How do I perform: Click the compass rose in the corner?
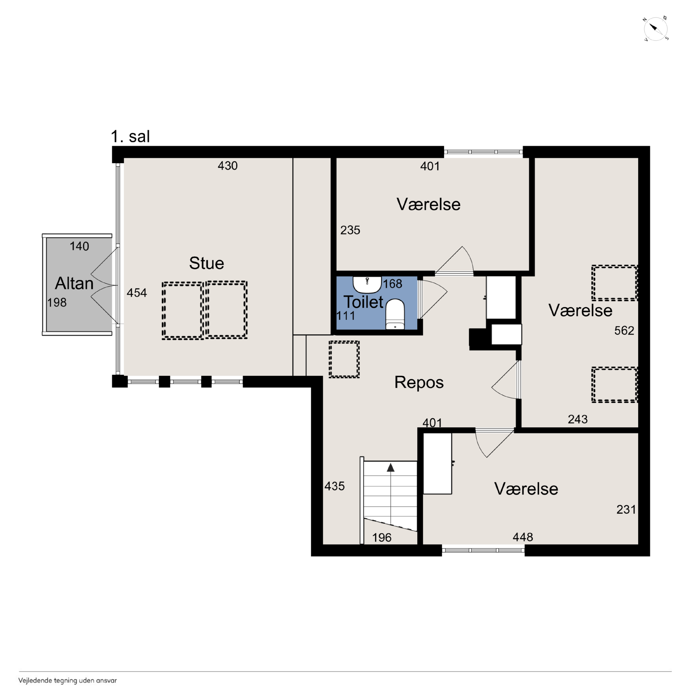pos(656,29)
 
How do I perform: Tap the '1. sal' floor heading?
pos(130,137)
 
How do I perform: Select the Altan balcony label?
pos(74,283)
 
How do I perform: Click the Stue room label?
pos(207,263)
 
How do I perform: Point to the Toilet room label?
pos(363,302)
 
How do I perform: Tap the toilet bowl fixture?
pos(395,314)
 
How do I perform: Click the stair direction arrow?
pos(391,467)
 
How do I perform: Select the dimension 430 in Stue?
pos(228,166)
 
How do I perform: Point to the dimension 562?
pos(624,330)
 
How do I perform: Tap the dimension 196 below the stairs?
pos(382,537)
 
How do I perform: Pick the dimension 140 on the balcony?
pos(79,246)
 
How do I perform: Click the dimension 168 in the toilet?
pos(393,284)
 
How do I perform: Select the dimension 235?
pos(350,230)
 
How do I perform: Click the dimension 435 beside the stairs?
pos(335,486)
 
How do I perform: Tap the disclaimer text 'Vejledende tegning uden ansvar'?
pos(68,681)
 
